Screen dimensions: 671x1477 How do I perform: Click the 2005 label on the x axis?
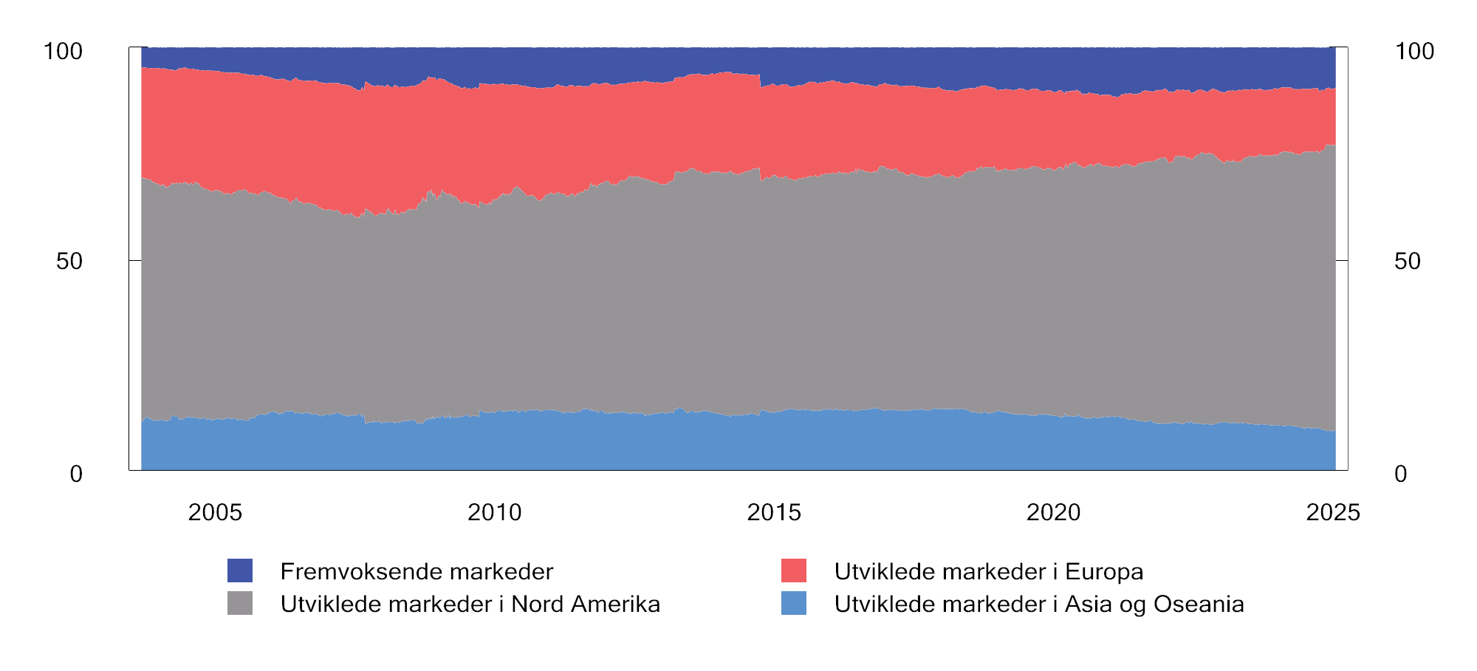tap(215, 512)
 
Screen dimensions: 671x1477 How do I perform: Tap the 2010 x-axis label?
tap(494, 512)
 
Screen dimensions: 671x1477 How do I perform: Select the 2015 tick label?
tap(774, 512)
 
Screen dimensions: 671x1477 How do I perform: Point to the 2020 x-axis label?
tap(1053, 512)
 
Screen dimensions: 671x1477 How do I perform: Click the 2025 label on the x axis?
tap(1332, 512)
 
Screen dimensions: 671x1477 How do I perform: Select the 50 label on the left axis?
tap(69, 261)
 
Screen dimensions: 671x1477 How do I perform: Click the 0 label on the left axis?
tap(76, 474)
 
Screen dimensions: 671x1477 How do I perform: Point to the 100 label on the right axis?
tap(1414, 51)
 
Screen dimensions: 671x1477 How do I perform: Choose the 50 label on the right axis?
tap(1408, 261)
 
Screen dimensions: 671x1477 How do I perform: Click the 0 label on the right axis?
tap(1401, 474)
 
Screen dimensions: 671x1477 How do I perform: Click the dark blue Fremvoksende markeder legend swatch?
tap(240, 570)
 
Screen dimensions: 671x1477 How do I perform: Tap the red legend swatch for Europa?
tap(794, 570)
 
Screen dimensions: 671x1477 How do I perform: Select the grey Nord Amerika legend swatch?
tap(240, 603)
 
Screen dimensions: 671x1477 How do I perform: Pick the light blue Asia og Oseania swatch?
tap(794, 603)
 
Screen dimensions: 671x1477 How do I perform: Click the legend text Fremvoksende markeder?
tap(417, 571)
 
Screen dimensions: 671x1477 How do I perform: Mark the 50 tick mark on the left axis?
tap(135, 260)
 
